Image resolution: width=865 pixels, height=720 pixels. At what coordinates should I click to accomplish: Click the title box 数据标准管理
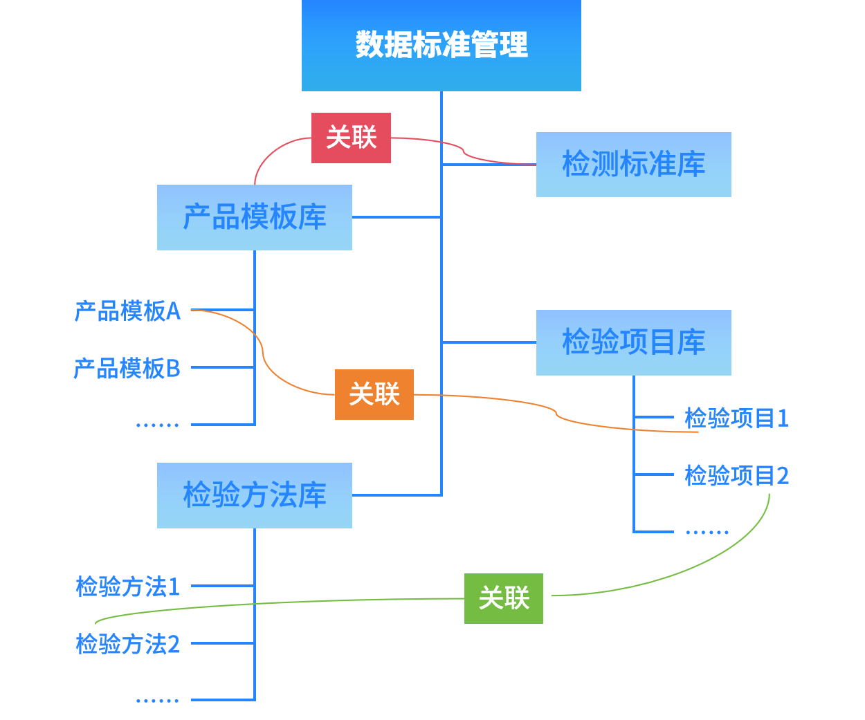coord(441,46)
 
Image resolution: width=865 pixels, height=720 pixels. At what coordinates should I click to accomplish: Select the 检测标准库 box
coord(633,165)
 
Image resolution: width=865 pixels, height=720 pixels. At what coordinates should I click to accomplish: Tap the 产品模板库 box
coord(254,217)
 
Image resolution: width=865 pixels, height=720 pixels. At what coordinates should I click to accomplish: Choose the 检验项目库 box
coord(633,342)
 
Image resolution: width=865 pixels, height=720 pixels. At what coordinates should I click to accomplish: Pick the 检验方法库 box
coord(254,495)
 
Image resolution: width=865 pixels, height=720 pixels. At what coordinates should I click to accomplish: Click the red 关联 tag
coord(351,138)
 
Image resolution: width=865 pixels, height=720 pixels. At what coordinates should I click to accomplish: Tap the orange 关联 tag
coord(374,394)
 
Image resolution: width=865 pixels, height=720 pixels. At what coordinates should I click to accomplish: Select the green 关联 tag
coord(503,598)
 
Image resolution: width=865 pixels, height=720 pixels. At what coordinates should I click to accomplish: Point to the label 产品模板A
coord(127,311)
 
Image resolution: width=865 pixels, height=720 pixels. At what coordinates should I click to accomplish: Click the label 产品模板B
coord(127,368)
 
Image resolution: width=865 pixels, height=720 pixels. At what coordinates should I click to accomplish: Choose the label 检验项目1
coord(736,418)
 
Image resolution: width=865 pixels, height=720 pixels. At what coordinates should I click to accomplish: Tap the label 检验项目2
coord(736,475)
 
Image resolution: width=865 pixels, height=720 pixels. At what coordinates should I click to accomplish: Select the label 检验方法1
coord(128,587)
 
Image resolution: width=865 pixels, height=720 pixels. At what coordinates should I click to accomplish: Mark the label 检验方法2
coord(128,644)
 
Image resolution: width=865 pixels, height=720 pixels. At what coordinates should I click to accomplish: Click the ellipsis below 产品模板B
coord(158,425)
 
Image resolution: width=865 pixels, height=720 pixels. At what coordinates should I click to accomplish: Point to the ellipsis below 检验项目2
coord(707,533)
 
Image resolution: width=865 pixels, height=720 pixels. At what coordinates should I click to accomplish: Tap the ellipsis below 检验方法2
coord(158,701)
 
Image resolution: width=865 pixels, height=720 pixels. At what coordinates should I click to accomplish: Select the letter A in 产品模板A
coord(173,311)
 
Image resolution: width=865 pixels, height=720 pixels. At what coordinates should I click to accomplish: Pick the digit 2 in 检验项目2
coord(783,475)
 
